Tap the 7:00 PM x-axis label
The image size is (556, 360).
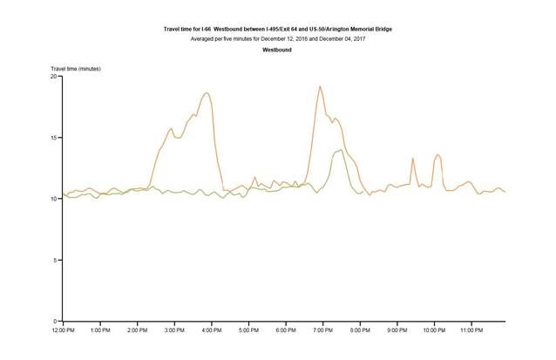(322, 331)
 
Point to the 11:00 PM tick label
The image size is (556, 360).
(471, 331)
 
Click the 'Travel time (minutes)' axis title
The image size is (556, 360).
(76, 68)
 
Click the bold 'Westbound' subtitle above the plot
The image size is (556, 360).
(278, 50)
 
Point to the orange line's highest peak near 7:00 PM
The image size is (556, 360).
(320, 86)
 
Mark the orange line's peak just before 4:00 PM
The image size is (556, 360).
(207, 93)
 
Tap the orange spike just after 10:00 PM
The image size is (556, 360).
(437, 154)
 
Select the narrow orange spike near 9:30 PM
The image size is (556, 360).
(412, 159)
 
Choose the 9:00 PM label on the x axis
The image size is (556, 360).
(397, 331)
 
